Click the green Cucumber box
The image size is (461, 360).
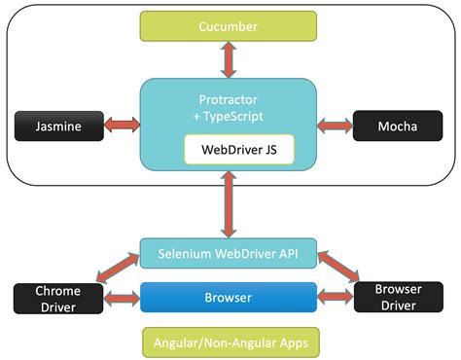coord(229,26)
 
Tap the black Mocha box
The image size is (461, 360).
coord(400,126)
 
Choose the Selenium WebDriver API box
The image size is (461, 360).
coord(229,253)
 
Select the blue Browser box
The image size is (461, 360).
coord(229,297)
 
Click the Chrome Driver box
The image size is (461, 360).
coord(57,299)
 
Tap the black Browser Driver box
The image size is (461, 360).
coord(400,298)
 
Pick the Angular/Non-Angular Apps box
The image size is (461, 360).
coord(229,342)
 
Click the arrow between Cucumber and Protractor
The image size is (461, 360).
coord(229,59)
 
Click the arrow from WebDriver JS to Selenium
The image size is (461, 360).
coord(229,204)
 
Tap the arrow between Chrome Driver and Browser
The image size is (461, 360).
coord(121,298)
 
